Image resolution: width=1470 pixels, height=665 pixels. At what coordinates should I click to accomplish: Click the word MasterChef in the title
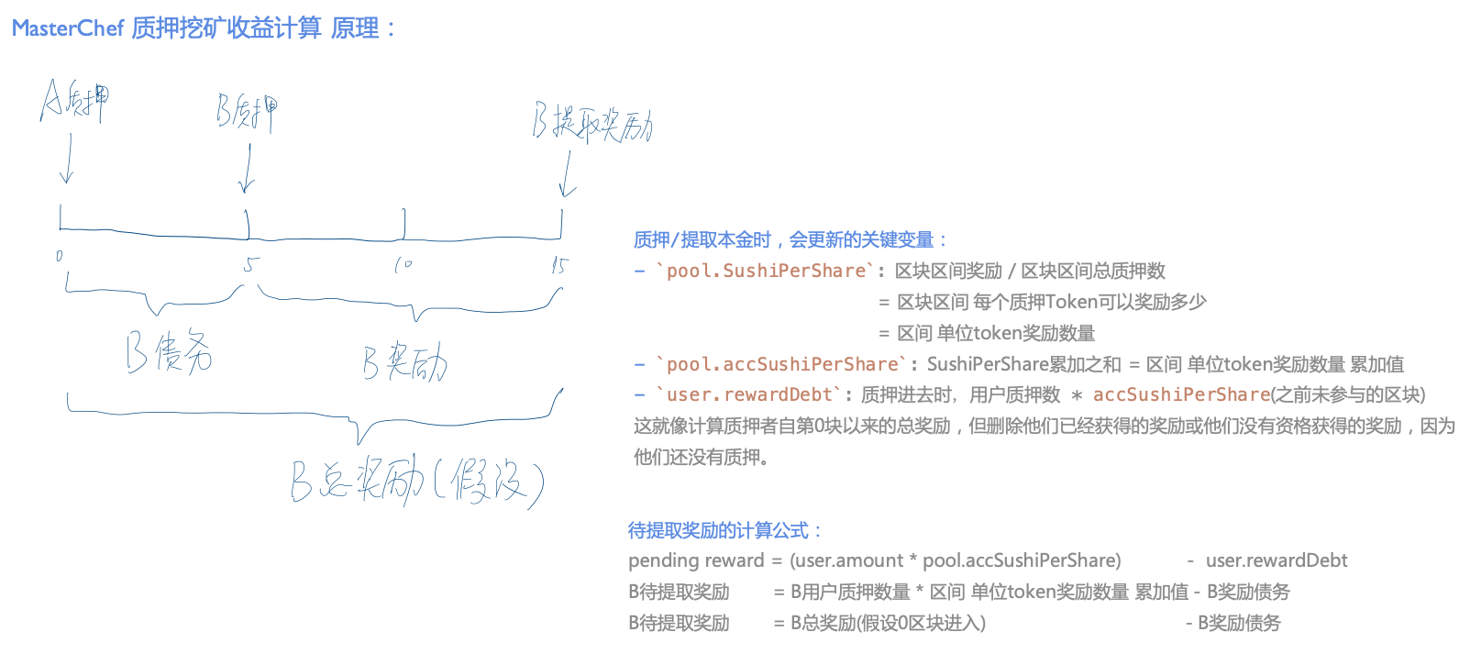coord(67,28)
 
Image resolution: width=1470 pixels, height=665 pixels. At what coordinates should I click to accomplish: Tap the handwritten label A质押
coord(74,100)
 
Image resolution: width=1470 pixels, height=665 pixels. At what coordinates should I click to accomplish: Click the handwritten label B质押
coord(246,112)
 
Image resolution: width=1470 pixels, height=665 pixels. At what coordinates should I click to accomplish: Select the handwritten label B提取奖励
coord(591,124)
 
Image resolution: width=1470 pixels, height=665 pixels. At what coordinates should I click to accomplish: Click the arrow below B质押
coord(246,168)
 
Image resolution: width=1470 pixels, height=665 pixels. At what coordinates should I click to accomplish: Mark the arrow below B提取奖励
coord(568,173)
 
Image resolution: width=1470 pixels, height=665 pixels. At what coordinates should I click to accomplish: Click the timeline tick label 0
coord(60,256)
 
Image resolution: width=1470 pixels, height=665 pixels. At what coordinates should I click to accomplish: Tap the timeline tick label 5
coord(250,265)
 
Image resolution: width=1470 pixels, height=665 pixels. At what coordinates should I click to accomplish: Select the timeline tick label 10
coord(403,265)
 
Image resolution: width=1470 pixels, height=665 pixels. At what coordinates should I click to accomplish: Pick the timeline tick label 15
coord(559,266)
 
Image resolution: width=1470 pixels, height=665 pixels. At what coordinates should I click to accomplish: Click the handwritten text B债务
coord(169,352)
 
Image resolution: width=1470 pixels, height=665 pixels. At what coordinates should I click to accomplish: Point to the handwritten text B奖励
coord(404,363)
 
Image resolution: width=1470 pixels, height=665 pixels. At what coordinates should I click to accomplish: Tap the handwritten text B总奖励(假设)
coord(417,482)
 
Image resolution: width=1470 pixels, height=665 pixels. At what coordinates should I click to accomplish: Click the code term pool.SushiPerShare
coord(766,271)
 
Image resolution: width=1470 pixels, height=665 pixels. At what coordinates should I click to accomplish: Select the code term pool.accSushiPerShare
coord(782,364)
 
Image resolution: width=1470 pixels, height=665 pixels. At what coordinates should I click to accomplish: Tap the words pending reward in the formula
coord(696,560)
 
